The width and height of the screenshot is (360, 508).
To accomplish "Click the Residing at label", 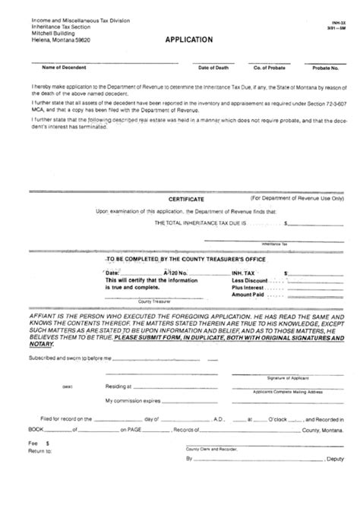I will (118, 385).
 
